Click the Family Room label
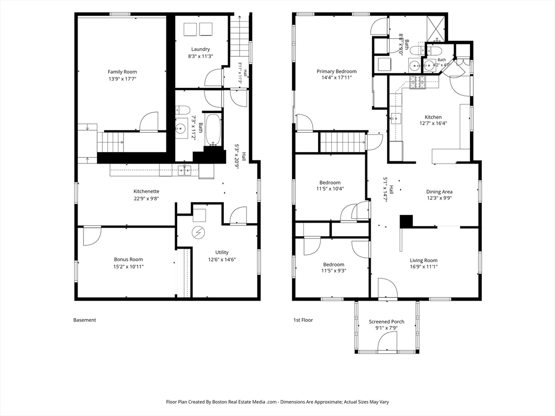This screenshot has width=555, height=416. pyautogui.click(x=122, y=72)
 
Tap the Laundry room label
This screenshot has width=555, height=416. pyautogui.click(x=201, y=49)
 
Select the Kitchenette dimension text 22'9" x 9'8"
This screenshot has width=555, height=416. pyautogui.click(x=146, y=198)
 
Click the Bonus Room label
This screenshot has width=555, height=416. pyautogui.click(x=128, y=259)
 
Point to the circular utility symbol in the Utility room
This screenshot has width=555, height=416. pyautogui.click(x=198, y=232)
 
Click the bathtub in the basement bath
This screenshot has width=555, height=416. pyautogui.click(x=213, y=129)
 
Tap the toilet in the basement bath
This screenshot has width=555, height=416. pyautogui.click(x=183, y=110)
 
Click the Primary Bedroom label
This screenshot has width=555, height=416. pyautogui.click(x=336, y=71)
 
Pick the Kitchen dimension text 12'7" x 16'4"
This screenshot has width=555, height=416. pyautogui.click(x=433, y=123)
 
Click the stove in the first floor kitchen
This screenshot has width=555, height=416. pyautogui.click(x=418, y=83)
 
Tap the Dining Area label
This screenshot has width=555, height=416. pyautogui.click(x=439, y=192)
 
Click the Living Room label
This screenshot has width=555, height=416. pyautogui.click(x=423, y=261)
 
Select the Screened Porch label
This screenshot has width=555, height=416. pyautogui.click(x=386, y=322)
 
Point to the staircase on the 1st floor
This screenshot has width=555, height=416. pyautogui.click(x=343, y=142)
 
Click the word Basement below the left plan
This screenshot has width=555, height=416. pyautogui.click(x=85, y=320)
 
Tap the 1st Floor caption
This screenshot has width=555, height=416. pyautogui.click(x=303, y=320)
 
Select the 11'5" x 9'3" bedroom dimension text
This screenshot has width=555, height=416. pyautogui.click(x=333, y=271)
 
